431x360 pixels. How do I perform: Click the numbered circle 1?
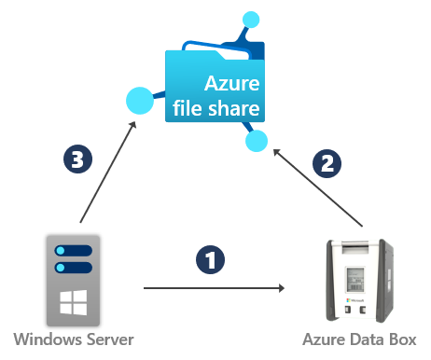211,258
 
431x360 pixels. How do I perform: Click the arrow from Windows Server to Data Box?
214,288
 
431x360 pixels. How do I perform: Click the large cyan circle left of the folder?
139,98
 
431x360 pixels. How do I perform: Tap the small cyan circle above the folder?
249,19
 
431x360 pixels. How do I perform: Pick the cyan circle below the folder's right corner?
257,142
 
